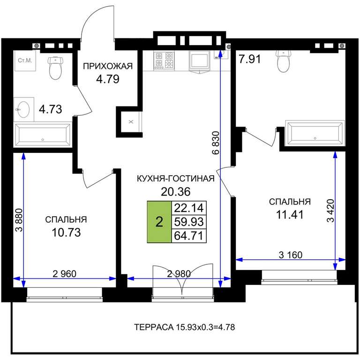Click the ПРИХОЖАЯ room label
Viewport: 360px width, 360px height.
(108, 66)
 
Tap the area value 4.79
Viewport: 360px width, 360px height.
(108, 79)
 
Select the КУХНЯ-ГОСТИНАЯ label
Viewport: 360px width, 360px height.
(176, 179)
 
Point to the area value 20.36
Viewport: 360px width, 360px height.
(176, 191)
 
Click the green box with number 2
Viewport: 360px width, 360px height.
(159, 222)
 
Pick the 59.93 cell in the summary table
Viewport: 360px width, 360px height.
(189, 222)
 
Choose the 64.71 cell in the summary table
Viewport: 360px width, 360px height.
(189, 236)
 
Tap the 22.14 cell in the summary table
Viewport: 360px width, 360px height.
(189, 208)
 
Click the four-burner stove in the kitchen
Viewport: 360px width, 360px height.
(164, 60)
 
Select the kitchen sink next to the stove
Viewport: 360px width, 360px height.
(199, 60)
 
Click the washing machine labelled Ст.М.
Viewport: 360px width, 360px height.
(25, 60)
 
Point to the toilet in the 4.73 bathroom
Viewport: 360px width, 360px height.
(55, 67)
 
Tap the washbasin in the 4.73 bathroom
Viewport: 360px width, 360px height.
(23, 110)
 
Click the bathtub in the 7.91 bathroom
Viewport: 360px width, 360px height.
(315, 133)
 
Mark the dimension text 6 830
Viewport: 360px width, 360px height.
(216, 142)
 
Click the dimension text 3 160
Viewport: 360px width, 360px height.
(291, 255)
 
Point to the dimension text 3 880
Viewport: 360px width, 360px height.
(19, 220)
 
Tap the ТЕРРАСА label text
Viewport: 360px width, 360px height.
(154, 327)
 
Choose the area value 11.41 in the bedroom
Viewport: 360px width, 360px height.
(290, 215)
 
